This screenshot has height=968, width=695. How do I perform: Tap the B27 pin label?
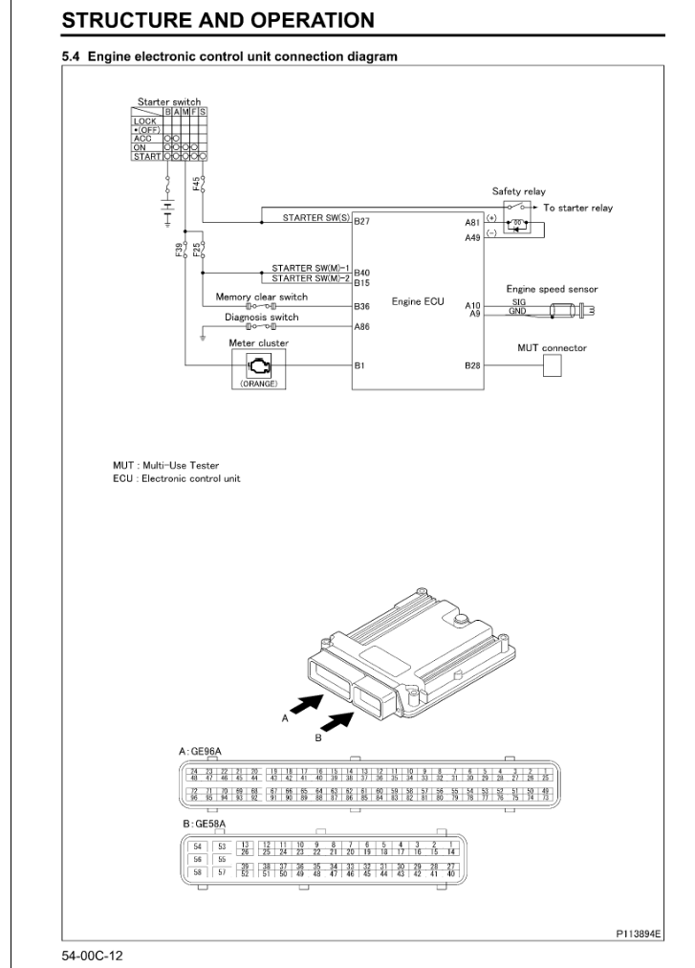[361, 220]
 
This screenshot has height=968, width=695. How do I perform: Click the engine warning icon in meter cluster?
[232, 364]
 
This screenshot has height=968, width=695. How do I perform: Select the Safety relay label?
[518, 190]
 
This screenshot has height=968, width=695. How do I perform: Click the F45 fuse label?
[195, 186]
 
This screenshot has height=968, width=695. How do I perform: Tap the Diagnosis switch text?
[261, 317]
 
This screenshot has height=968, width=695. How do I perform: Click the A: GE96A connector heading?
[202, 753]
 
